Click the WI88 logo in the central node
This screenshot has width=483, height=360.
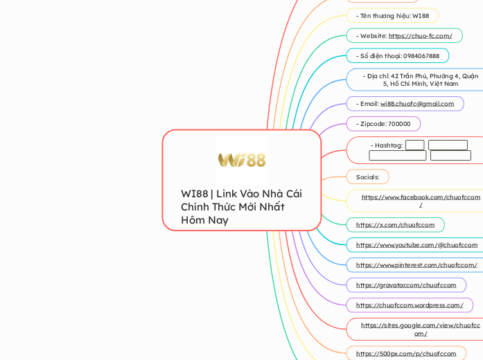[241, 160]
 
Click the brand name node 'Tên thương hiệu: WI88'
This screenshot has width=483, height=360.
[392, 15]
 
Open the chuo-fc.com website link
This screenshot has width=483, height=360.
[420, 35]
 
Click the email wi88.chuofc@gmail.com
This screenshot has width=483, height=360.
[417, 104]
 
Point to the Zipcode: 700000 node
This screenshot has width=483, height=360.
[383, 124]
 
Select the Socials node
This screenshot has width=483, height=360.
[367, 177]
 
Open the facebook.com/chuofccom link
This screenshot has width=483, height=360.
[420, 197]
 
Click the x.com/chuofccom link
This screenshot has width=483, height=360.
[395, 225]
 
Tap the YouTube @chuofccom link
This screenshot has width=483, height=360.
[416, 245]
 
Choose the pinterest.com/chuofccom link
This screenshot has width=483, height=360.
[416, 265]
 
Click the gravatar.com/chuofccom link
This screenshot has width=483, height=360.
[406, 285]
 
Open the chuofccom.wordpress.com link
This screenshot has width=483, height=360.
[410, 305]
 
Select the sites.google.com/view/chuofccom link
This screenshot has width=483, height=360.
[420, 325]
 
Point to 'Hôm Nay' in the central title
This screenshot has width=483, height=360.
[204, 220]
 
